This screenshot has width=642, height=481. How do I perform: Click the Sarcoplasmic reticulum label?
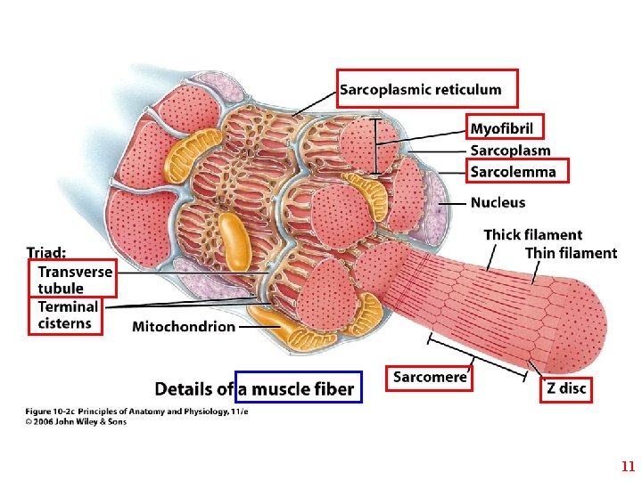420,89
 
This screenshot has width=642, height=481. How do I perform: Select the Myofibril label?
501,129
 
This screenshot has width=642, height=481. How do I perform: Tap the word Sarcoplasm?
510,151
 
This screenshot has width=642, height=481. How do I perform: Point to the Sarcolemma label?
513,172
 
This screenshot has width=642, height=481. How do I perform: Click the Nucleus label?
498,203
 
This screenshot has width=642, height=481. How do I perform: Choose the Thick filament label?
532,235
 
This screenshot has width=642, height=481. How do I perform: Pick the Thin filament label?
571,253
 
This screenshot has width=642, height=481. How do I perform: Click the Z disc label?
566,390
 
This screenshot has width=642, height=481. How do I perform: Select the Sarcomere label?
430,377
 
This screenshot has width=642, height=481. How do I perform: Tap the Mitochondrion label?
184,327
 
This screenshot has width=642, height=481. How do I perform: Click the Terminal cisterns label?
68,314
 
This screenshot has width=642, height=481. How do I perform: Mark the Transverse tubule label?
74,280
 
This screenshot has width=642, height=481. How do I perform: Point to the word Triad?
45,252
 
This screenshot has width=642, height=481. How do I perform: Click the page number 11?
628,466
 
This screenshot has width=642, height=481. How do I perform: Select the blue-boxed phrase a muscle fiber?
297,388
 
